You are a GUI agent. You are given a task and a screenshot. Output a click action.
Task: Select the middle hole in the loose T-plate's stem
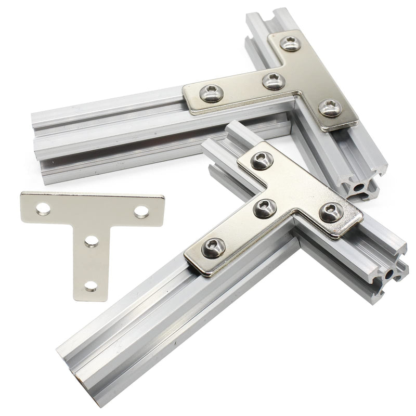(x=92, y=241)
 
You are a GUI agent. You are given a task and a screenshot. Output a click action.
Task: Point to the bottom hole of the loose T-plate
(x=91, y=285)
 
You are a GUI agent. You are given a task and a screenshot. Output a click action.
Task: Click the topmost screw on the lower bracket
(x=262, y=160)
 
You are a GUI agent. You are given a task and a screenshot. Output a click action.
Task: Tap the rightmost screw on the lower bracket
(x=331, y=212)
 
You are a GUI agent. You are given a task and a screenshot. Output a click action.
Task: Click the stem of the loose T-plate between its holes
(x=92, y=263)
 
